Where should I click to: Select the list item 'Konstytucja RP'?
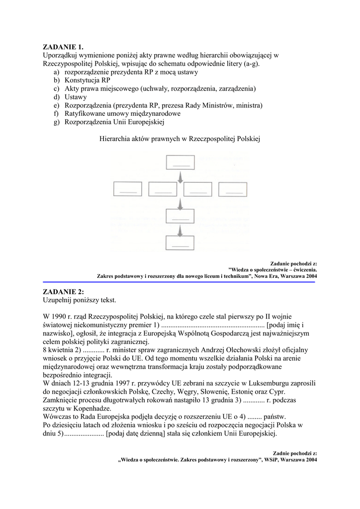click(x=87, y=80)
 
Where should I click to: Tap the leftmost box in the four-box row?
click(x=128, y=189)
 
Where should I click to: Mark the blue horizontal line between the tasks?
click(x=180, y=282)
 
